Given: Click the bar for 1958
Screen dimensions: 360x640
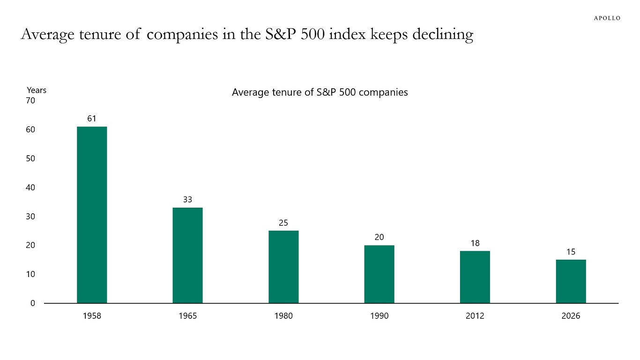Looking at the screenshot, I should [92, 215].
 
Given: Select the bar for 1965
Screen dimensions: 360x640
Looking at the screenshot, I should [187, 255].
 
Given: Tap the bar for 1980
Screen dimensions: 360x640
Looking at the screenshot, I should [283, 267].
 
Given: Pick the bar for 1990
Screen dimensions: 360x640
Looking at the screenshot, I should [379, 274].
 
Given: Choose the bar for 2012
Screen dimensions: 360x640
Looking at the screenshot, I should [475, 277].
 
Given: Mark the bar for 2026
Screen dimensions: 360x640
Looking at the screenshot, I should [571, 281].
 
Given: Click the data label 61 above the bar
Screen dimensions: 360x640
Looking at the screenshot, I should [92, 119].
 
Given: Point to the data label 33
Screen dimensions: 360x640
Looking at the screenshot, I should [187, 200].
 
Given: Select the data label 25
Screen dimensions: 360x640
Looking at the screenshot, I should [283, 223].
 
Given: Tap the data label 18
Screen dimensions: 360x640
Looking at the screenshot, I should [475, 243].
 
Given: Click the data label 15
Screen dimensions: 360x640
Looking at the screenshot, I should [571, 252].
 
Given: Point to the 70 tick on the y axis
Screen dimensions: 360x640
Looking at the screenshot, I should [30, 100].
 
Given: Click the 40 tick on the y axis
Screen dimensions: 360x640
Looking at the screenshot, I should [30, 187].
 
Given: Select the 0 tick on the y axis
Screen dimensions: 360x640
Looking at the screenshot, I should [32, 303].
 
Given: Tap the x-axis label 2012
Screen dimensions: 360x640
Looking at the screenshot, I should [475, 316].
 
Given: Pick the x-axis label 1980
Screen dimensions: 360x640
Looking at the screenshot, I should [283, 316].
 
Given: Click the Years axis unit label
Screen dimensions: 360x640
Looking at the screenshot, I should [37, 90].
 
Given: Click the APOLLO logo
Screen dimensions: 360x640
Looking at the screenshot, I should [607, 18].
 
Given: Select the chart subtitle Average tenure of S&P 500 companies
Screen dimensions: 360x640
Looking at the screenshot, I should [320, 92].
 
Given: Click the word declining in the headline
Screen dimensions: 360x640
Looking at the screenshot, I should [443, 35].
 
